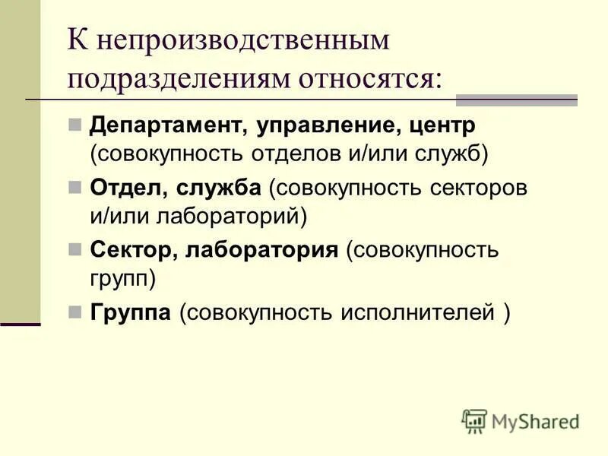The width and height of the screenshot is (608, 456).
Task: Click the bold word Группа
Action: [x=130, y=312]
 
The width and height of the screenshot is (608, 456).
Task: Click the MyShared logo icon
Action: [x=474, y=420]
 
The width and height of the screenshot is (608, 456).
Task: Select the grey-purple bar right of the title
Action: [x=516, y=100]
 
